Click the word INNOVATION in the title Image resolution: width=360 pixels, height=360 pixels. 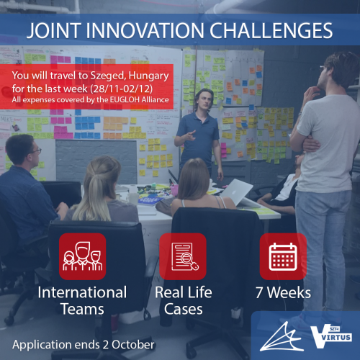145,31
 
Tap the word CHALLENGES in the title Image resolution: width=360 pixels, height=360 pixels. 271,31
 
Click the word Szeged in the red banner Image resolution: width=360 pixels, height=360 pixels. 108,76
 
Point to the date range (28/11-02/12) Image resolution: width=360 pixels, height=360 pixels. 122,89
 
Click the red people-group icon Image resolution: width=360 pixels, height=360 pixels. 82,256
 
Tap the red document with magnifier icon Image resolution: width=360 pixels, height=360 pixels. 183,256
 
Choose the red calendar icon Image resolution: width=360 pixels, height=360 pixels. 283,256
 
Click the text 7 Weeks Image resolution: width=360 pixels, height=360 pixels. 283,292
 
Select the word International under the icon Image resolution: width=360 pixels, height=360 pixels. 82,292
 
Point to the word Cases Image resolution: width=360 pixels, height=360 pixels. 184,309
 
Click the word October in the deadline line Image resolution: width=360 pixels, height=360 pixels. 133,345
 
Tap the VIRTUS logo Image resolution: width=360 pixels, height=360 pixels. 331,336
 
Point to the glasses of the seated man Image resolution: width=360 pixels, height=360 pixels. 36,150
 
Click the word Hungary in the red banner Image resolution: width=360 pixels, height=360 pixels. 148,76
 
